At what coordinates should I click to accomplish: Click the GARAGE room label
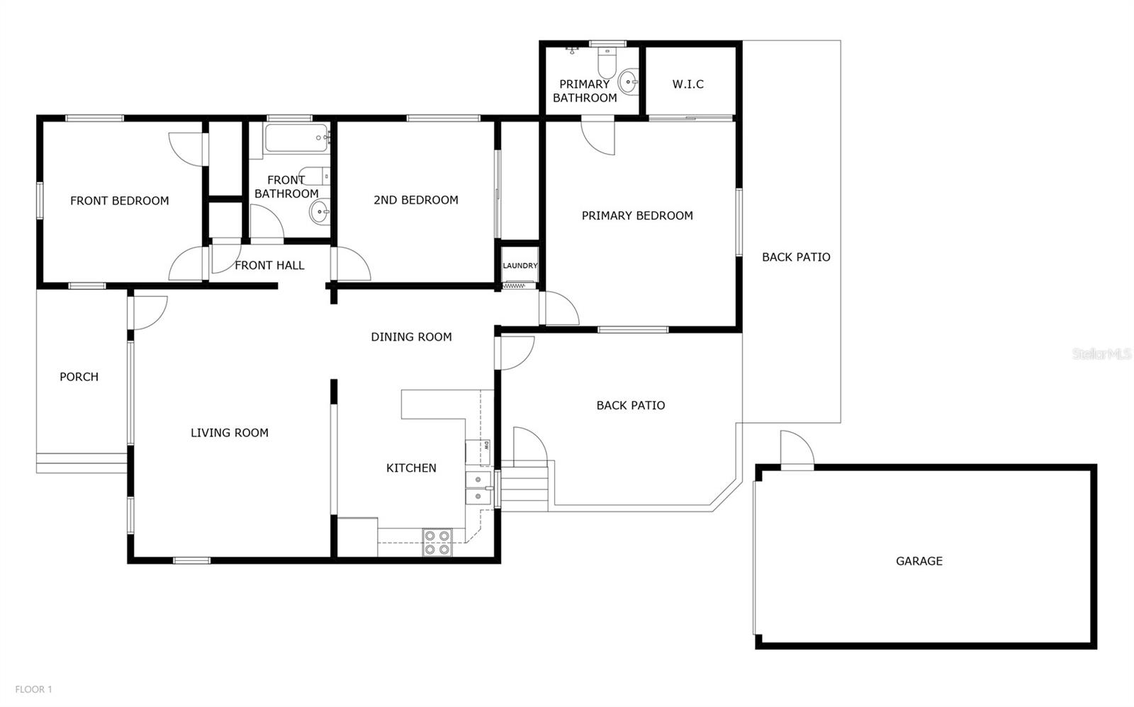919,561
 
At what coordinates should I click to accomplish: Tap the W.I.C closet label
687,84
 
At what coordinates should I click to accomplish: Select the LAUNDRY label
520,266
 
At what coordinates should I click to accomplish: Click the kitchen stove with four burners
437,543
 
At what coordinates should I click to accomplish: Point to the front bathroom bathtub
296,139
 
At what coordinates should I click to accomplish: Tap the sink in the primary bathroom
628,82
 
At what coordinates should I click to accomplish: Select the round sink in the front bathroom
320,210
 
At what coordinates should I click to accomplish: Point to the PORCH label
79,377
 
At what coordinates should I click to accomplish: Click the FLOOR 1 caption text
33,689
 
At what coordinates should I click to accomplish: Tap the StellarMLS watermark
1101,353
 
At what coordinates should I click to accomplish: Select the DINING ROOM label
411,337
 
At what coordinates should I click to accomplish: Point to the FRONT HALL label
269,266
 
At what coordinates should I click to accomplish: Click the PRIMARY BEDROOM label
636,216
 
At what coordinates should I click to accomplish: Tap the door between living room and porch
148,312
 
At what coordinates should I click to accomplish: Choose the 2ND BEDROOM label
415,200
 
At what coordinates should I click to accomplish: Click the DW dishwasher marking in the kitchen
487,446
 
